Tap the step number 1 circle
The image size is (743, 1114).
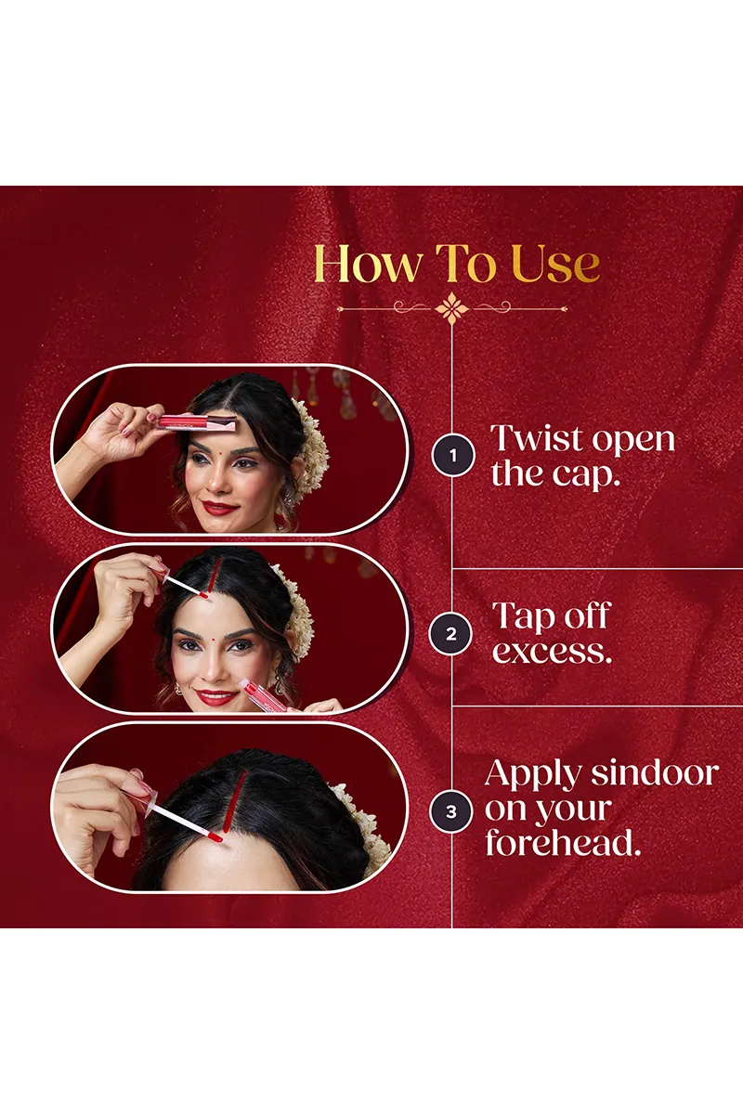[x=452, y=455]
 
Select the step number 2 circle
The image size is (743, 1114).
[x=450, y=633]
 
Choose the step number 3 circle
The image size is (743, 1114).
[x=450, y=812]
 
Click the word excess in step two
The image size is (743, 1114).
[x=552, y=652]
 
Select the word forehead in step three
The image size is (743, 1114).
[x=563, y=843]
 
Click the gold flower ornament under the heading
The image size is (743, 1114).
[x=451, y=309]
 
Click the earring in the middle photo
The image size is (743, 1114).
[x=177, y=689]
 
